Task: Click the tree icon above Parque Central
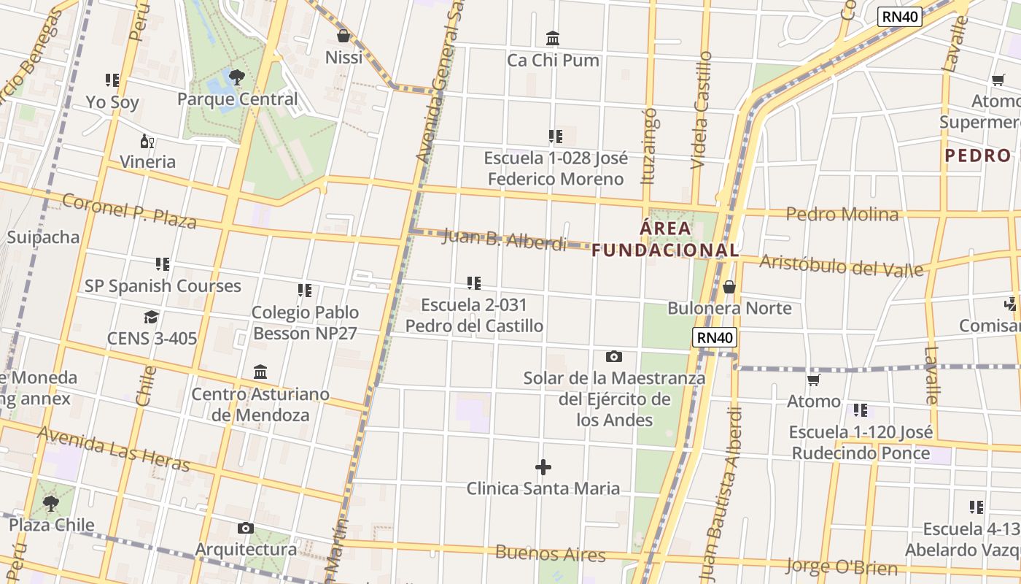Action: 236,77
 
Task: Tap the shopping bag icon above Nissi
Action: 343,36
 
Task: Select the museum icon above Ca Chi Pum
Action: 553,38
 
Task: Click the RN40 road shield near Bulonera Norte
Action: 715,337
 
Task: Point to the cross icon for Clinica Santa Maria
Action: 543,467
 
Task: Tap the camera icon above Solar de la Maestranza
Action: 614,357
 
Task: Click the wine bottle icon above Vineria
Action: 147,141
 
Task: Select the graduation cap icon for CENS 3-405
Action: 151,317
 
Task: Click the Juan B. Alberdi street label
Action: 505,239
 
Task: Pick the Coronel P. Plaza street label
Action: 129,211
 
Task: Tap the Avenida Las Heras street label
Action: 114,449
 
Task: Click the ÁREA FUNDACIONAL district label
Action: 665,239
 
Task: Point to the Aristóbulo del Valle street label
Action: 841,266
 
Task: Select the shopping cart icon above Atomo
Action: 814,380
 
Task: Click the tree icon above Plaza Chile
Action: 50,503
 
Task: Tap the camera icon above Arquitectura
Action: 246,528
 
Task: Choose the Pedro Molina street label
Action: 842,214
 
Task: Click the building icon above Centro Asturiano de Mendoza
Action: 260,372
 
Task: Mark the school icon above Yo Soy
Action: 112,80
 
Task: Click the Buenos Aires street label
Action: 550,553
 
